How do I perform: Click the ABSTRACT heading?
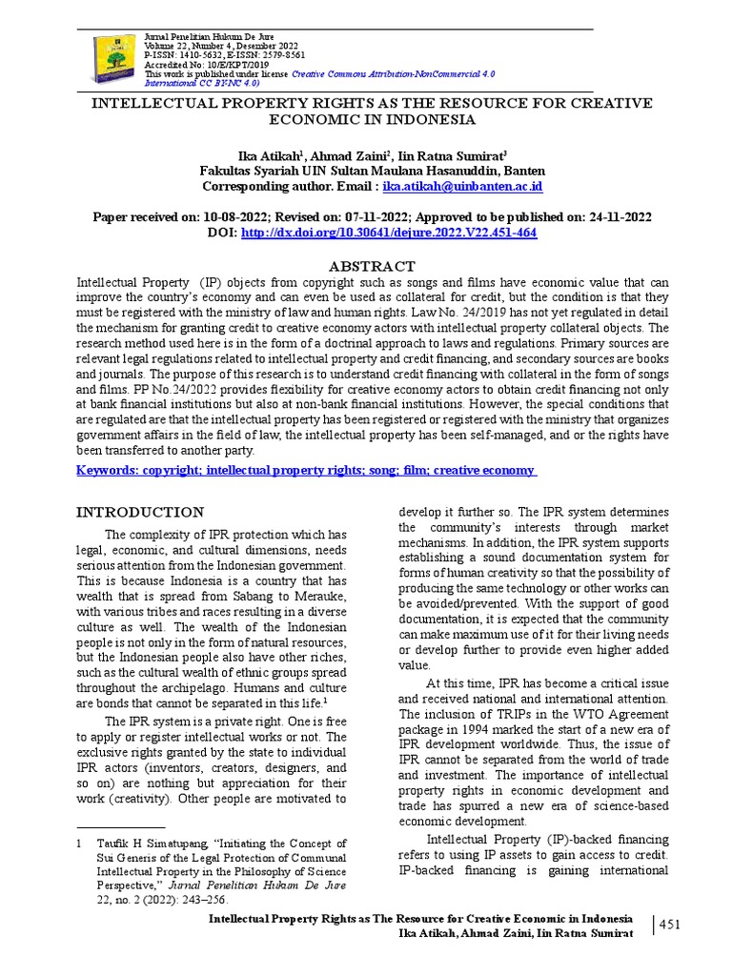tap(372, 266)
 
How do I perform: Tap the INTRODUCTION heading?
tap(139, 512)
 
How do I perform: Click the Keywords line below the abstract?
tap(307, 471)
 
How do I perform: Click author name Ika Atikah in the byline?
tap(268, 154)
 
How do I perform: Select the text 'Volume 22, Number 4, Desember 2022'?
tap(220, 46)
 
